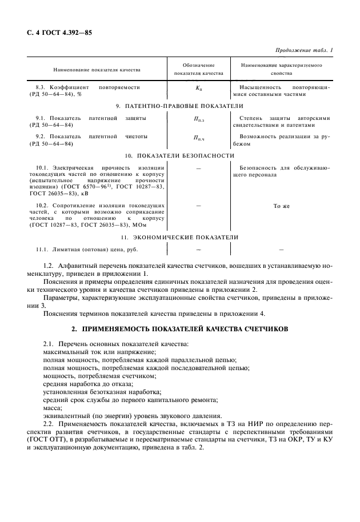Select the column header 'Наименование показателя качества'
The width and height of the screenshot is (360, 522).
click(97, 70)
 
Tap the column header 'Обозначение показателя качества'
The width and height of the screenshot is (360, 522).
click(198, 70)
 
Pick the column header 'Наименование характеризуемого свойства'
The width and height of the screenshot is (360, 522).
click(281, 70)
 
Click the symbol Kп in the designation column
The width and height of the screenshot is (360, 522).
click(198, 89)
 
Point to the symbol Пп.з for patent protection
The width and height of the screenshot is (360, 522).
click(198, 119)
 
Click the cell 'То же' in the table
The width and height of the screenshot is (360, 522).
click(281, 206)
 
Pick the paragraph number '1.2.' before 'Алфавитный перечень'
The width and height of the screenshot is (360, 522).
click(50, 266)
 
